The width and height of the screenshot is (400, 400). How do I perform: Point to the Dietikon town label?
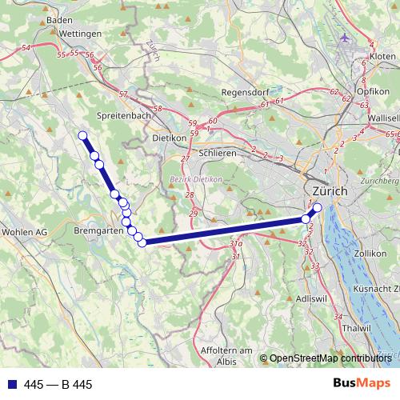(169, 137)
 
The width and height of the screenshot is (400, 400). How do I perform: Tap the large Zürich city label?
(330, 191)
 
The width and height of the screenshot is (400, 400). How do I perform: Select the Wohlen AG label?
(26, 232)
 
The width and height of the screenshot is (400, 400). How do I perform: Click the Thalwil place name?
(355, 328)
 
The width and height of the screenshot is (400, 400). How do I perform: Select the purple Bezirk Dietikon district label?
(196, 179)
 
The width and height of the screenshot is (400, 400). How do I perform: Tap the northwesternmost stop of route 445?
(82, 134)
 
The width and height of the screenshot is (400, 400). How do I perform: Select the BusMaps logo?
(361, 384)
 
